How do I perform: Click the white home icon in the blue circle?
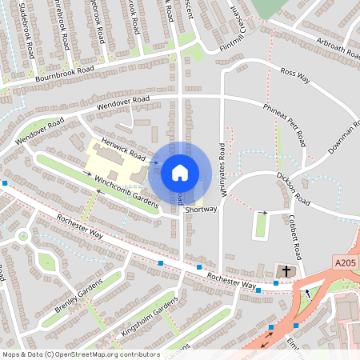pos(180,172)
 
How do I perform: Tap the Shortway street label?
pos(201,210)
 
